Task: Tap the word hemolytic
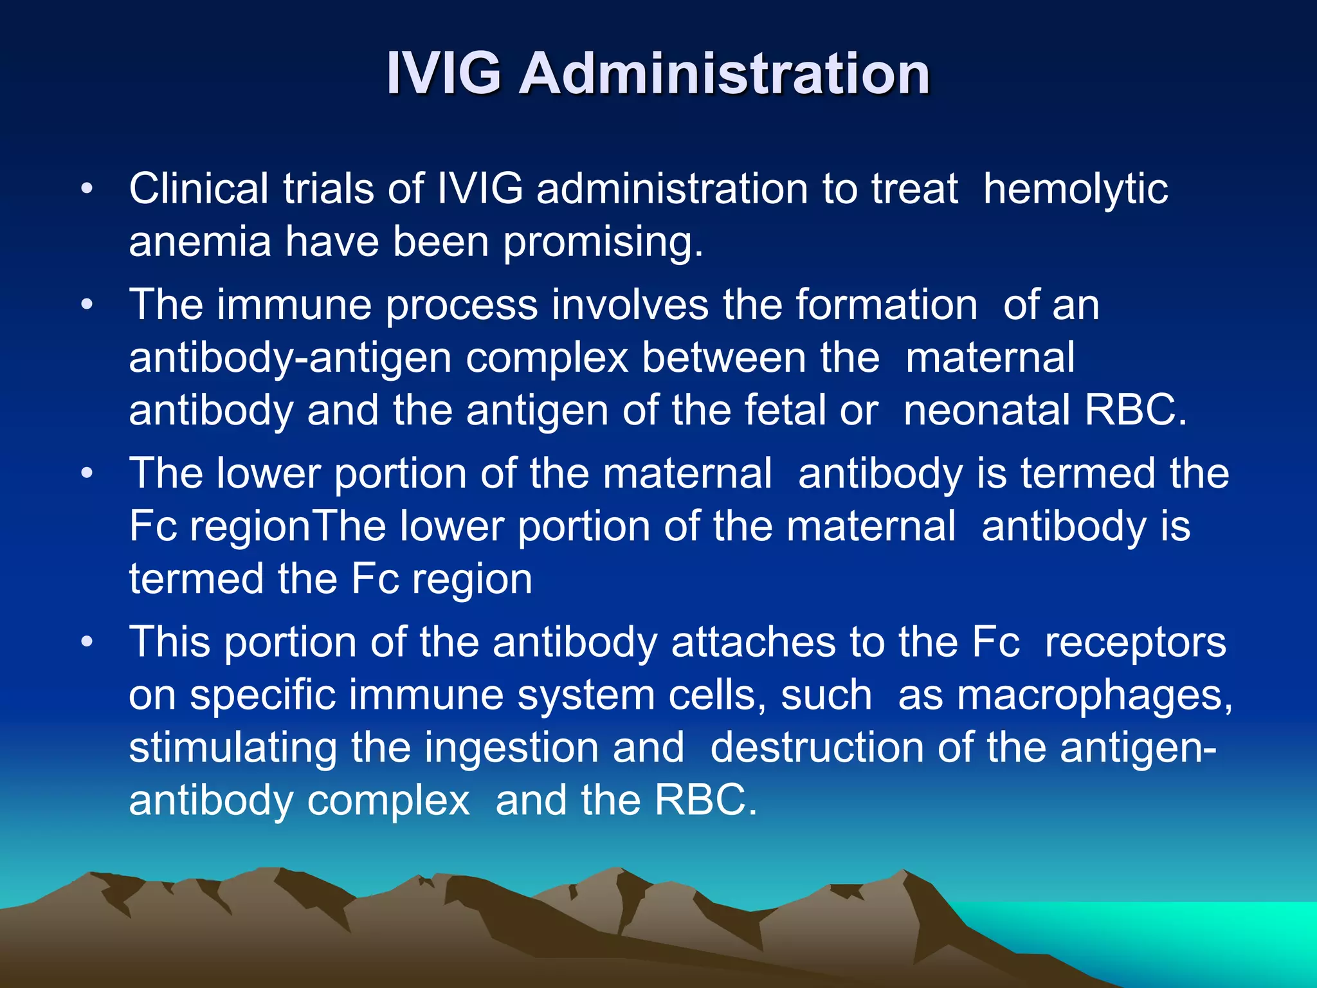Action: [x=1075, y=189]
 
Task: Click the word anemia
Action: [x=199, y=242]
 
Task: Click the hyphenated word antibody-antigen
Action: [x=290, y=358]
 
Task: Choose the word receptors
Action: [x=1135, y=643]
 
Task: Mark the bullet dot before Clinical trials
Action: [x=87, y=189]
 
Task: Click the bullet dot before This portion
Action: [x=87, y=642]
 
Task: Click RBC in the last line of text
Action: [x=705, y=801]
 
